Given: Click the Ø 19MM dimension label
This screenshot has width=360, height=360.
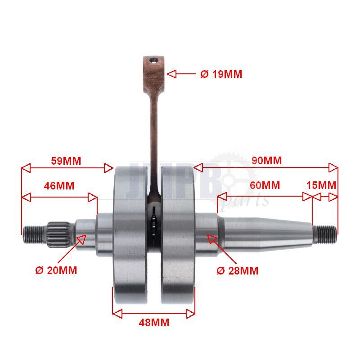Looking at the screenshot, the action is [x=221, y=74].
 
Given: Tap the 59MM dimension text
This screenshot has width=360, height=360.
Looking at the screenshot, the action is [x=66, y=161].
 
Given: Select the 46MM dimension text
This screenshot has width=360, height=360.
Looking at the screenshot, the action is [x=59, y=186].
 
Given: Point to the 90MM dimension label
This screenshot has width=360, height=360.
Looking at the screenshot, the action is [x=266, y=161].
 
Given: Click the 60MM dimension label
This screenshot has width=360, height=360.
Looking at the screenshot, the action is [x=265, y=185].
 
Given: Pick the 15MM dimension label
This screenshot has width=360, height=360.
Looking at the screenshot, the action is [x=321, y=185].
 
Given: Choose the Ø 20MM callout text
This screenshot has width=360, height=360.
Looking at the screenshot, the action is [x=56, y=270].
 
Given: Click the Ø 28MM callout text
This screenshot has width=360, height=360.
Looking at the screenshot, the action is [x=238, y=271].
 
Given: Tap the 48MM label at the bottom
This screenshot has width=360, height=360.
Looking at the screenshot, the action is [x=154, y=323].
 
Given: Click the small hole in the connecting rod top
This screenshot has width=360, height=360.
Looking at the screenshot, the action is [x=153, y=61].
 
